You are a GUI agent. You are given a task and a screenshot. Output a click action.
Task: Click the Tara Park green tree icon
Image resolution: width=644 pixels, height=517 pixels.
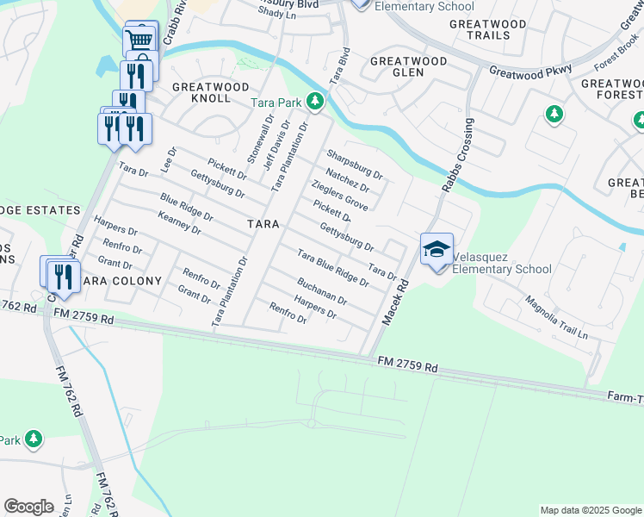coord(315,103)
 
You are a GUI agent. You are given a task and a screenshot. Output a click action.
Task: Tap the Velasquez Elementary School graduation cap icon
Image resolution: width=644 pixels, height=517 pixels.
coord(436,249)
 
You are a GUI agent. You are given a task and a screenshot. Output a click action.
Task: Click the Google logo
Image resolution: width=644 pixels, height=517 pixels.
coord(28,507)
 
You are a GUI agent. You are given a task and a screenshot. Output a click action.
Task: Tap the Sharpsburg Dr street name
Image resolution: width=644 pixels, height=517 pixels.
coord(354,165)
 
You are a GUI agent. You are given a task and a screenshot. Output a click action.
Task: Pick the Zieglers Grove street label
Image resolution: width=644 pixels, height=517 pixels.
coord(339,196)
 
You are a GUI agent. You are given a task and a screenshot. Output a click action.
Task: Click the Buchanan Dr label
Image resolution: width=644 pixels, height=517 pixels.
coord(321,291)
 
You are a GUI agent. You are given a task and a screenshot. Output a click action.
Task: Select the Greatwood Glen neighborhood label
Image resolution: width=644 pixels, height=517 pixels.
coord(408,67)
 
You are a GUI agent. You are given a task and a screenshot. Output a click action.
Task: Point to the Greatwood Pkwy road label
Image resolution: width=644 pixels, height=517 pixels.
coord(529,73)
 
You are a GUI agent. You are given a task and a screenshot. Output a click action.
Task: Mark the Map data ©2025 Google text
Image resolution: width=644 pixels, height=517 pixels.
coord(590,510)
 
